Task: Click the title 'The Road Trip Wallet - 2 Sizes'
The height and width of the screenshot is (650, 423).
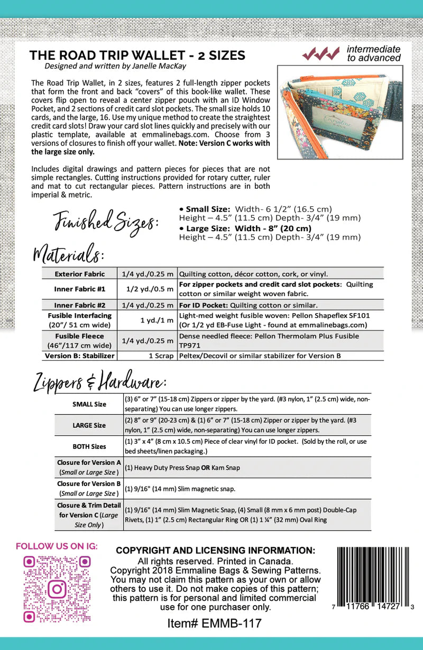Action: (x=137, y=55)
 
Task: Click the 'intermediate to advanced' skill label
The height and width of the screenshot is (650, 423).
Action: (x=373, y=53)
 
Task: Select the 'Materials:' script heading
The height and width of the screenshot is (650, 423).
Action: (x=69, y=253)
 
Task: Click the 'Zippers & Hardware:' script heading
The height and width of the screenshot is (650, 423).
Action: (x=100, y=381)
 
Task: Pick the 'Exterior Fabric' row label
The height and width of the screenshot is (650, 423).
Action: (x=80, y=274)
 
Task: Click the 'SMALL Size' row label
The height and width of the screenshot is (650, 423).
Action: (x=89, y=404)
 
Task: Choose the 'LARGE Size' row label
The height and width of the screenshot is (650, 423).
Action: (x=88, y=425)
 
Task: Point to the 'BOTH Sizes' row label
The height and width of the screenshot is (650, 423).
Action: (x=89, y=446)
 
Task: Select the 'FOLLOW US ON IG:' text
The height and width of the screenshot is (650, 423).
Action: (x=57, y=546)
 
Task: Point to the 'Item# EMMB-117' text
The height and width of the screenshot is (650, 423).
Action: (x=214, y=624)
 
